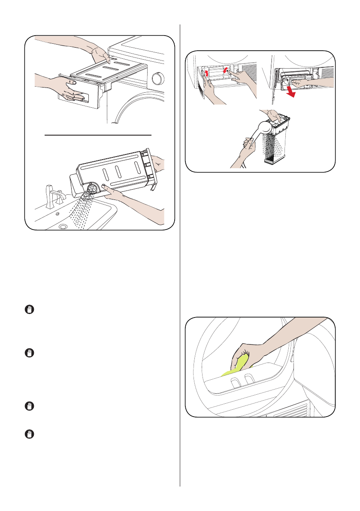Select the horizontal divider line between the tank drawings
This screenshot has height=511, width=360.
(99, 134)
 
